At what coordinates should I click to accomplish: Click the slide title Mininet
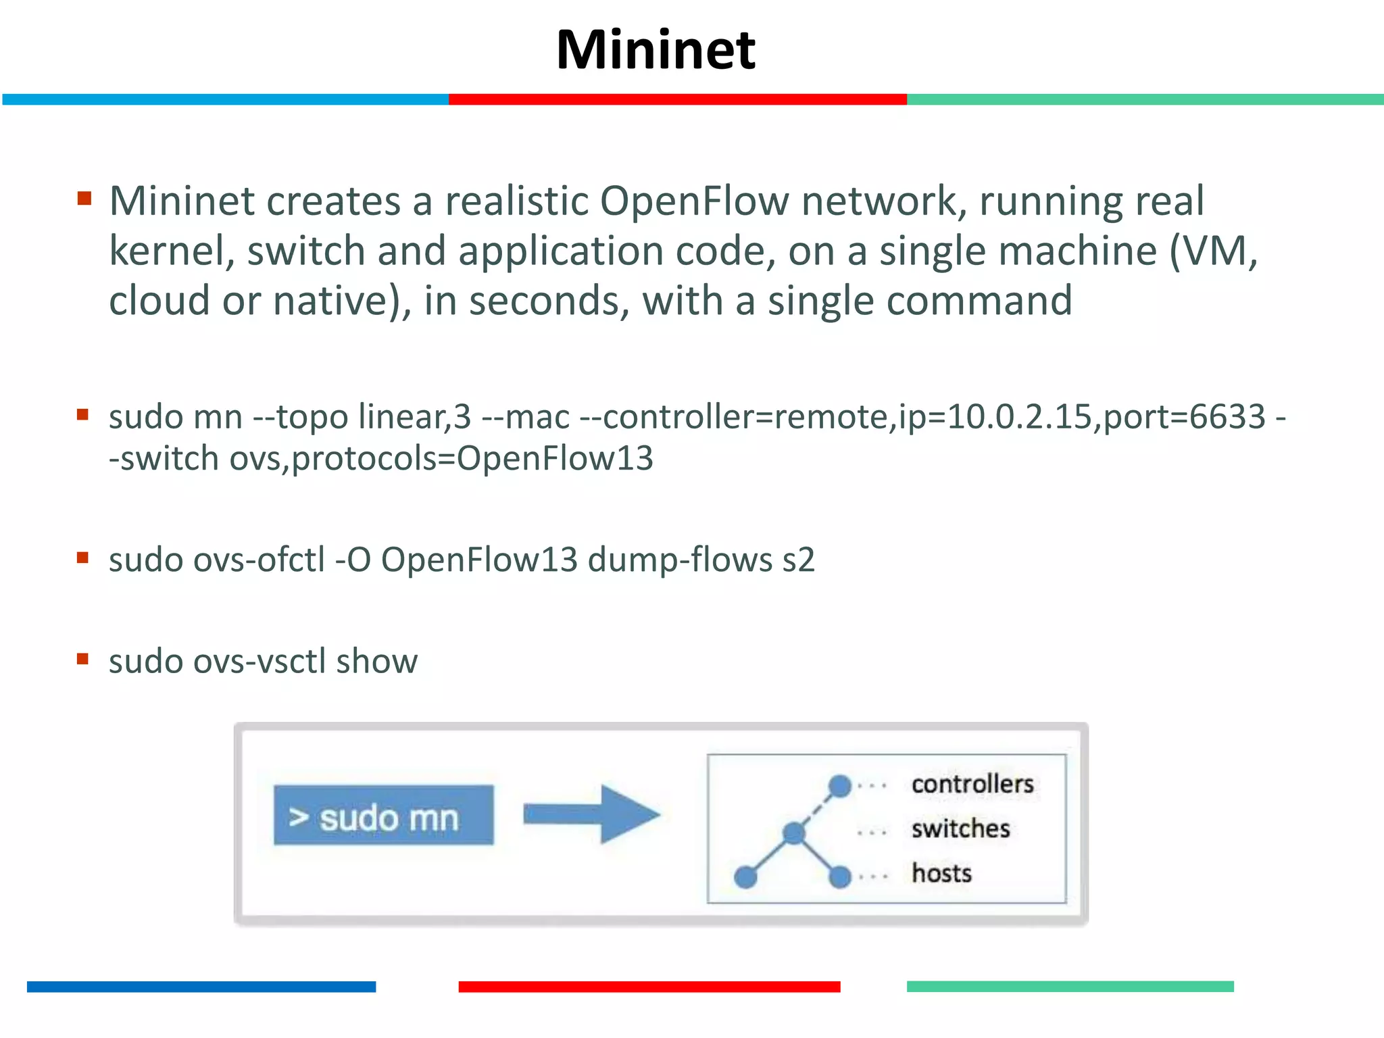tap(655, 50)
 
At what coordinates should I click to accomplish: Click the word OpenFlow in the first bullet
tap(694, 201)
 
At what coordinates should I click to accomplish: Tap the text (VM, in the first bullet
tap(1213, 251)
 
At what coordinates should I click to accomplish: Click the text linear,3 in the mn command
tap(414, 416)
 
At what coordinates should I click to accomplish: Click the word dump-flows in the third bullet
tap(680, 560)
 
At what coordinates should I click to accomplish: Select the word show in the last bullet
tap(376, 661)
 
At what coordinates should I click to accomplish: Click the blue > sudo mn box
tap(383, 815)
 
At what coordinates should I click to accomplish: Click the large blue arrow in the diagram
tap(591, 814)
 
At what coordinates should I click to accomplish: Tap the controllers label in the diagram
tap(972, 784)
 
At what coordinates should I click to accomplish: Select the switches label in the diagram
tap(960, 829)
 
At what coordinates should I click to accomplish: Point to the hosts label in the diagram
tap(941, 873)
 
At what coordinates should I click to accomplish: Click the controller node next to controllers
tap(839, 786)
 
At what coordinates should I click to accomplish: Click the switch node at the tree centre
tap(794, 833)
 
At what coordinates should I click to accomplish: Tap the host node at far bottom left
tap(745, 877)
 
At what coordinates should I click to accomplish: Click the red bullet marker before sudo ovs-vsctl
tap(83, 659)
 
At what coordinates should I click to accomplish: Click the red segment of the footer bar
tap(649, 987)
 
